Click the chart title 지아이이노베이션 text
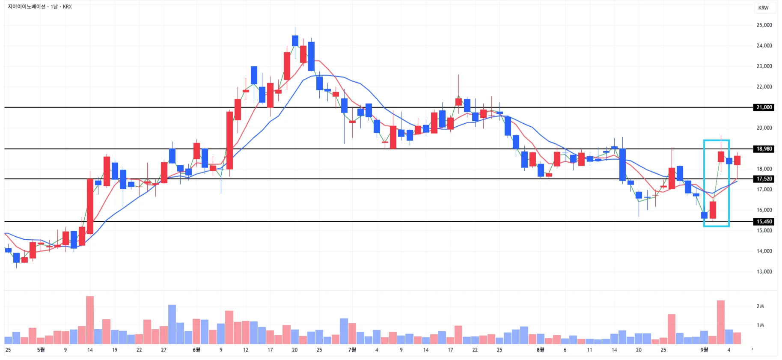tap(27, 7)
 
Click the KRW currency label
tap(763, 8)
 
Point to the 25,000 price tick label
tap(764, 25)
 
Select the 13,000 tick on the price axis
tap(764, 272)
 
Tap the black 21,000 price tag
tap(764, 107)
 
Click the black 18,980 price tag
tap(764, 149)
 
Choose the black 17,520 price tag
tap(764, 179)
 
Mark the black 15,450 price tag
tap(764, 222)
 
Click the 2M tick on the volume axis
tap(760, 306)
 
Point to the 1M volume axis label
tap(760, 325)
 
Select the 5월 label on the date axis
tap(41, 350)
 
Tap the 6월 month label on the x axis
tap(196, 350)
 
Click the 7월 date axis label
tap(352, 350)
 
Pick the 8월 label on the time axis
tap(540, 350)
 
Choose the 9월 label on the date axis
tap(704, 350)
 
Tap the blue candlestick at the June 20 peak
tap(295, 41)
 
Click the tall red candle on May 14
tap(90, 206)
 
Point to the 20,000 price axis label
tap(764, 128)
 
